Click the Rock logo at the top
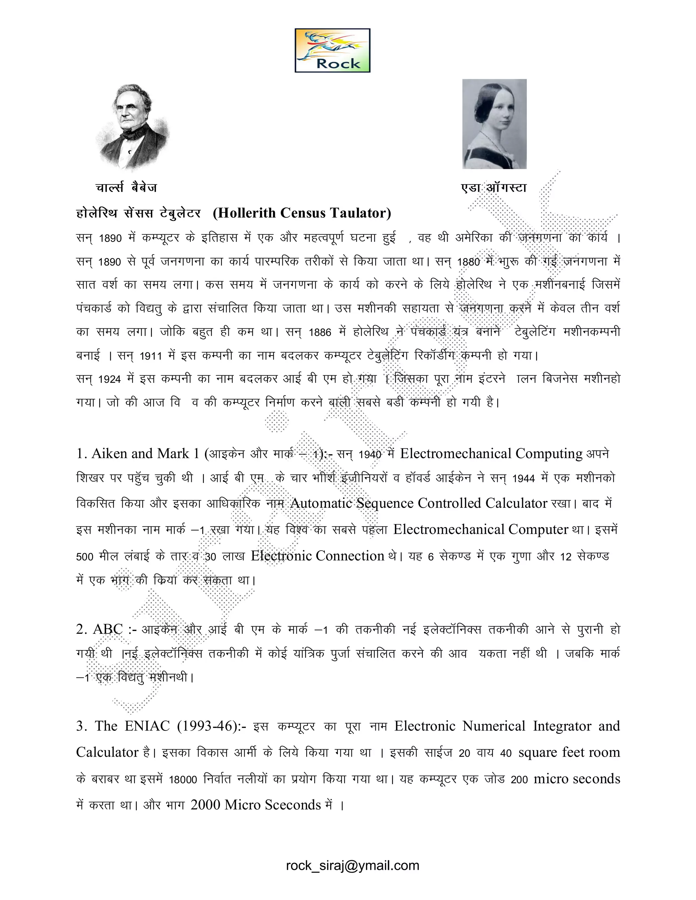(x=332, y=50)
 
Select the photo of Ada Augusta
(x=494, y=124)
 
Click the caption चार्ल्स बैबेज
(x=126, y=188)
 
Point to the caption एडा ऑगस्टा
(x=493, y=188)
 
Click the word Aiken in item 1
(x=109, y=454)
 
